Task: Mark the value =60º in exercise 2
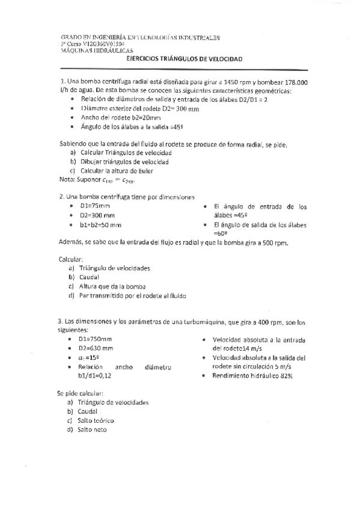point(222,233)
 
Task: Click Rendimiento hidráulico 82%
point(252,375)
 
